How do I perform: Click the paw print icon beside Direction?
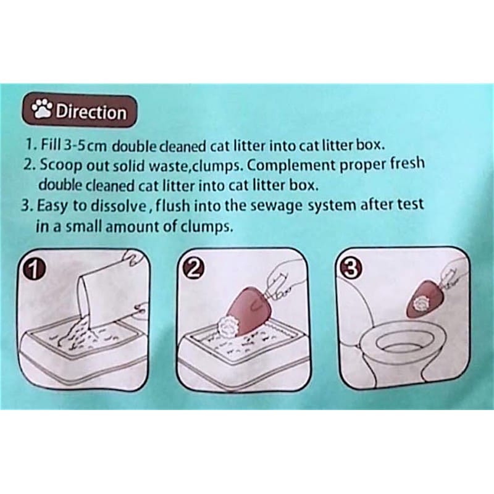42,109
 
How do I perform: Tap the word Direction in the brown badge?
91,112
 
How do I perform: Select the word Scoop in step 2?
61,165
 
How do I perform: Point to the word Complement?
291,165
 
